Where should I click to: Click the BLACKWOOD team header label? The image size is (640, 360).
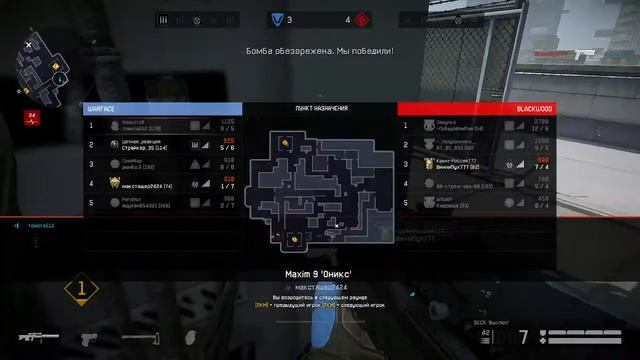535,108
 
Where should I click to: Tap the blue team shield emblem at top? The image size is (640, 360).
277,18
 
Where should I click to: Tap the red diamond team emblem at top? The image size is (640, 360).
362,18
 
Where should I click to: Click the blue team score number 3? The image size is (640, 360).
289,19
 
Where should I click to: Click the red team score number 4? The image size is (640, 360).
348,19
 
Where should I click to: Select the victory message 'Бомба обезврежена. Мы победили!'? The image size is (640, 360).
320,49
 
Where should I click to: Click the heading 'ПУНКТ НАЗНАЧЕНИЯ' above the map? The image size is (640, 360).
320,108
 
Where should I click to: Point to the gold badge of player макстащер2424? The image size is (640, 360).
114,183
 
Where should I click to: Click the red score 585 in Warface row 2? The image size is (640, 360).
229,141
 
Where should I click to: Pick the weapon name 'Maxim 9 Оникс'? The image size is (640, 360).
320,273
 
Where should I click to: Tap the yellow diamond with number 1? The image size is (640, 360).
82,290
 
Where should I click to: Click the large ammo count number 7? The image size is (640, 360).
524,337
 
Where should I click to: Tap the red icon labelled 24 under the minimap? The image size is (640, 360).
32,117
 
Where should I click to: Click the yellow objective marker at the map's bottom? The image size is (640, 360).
293,238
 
